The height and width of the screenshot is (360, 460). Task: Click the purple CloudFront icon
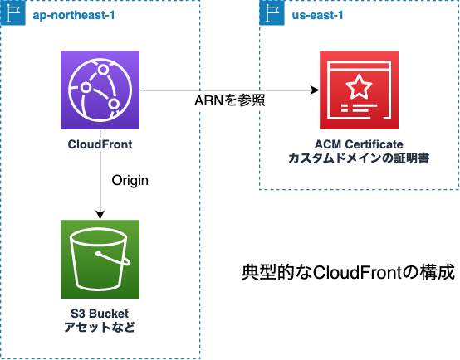tap(100, 90)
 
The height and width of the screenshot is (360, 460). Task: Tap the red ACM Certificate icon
tap(359, 90)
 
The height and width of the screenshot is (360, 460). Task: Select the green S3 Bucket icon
tap(100, 259)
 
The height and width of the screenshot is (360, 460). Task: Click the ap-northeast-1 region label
tap(74, 15)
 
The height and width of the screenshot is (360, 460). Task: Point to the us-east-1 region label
tap(317, 15)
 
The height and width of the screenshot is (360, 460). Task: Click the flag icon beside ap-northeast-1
tap(13, 13)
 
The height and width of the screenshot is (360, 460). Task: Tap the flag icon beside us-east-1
tap(272, 13)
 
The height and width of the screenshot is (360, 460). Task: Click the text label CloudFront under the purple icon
tap(100, 144)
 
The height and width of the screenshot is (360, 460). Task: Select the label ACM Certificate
tap(359, 144)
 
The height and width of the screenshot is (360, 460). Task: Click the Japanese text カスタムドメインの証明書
tap(359, 158)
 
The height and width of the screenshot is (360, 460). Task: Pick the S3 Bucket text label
tap(100, 314)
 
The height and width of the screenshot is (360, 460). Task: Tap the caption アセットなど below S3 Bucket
tap(100, 327)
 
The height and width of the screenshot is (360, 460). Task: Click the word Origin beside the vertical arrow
tap(130, 181)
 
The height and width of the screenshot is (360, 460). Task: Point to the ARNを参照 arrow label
tap(230, 100)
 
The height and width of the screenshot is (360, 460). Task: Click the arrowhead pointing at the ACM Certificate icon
tap(315, 90)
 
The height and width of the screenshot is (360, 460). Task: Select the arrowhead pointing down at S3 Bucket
tap(100, 215)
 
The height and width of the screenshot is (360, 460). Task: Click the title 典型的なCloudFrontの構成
tap(348, 272)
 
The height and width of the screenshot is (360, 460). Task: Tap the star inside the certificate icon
tap(359, 86)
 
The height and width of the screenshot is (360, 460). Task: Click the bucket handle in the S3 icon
tap(113, 258)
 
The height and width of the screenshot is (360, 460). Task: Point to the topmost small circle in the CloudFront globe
tap(103, 70)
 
